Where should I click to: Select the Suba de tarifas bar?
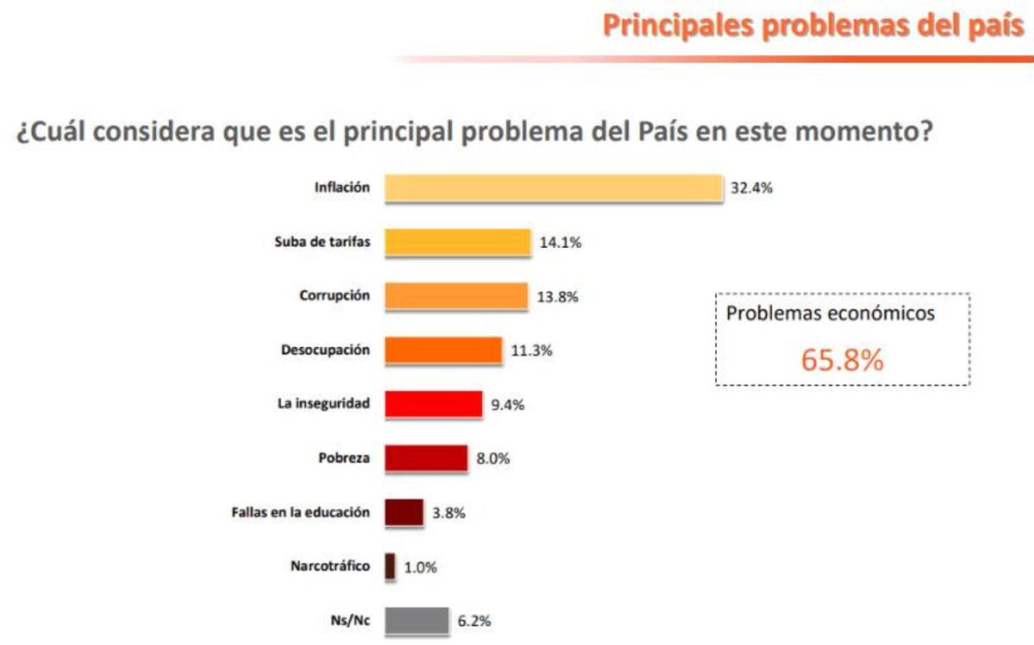(458, 242)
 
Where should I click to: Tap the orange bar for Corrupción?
(456, 296)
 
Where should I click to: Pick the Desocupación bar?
(443, 350)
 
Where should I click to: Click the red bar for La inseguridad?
(433, 404)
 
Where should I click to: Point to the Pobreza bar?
(427, 458)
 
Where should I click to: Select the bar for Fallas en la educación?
(404, 512)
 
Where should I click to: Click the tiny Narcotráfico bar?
(390, 566)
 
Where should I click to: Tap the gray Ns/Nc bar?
(417, 620)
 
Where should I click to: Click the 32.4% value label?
(751, 189)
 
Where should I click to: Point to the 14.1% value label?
(560, 243)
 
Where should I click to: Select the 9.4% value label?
(508, 405)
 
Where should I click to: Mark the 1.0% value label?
(420, 567)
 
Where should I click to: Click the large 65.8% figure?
(842, 360)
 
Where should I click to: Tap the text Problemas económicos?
(830, 313)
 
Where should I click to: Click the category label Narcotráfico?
(330, 566)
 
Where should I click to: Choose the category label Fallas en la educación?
(301, 512)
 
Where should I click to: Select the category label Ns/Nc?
(352, 620)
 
